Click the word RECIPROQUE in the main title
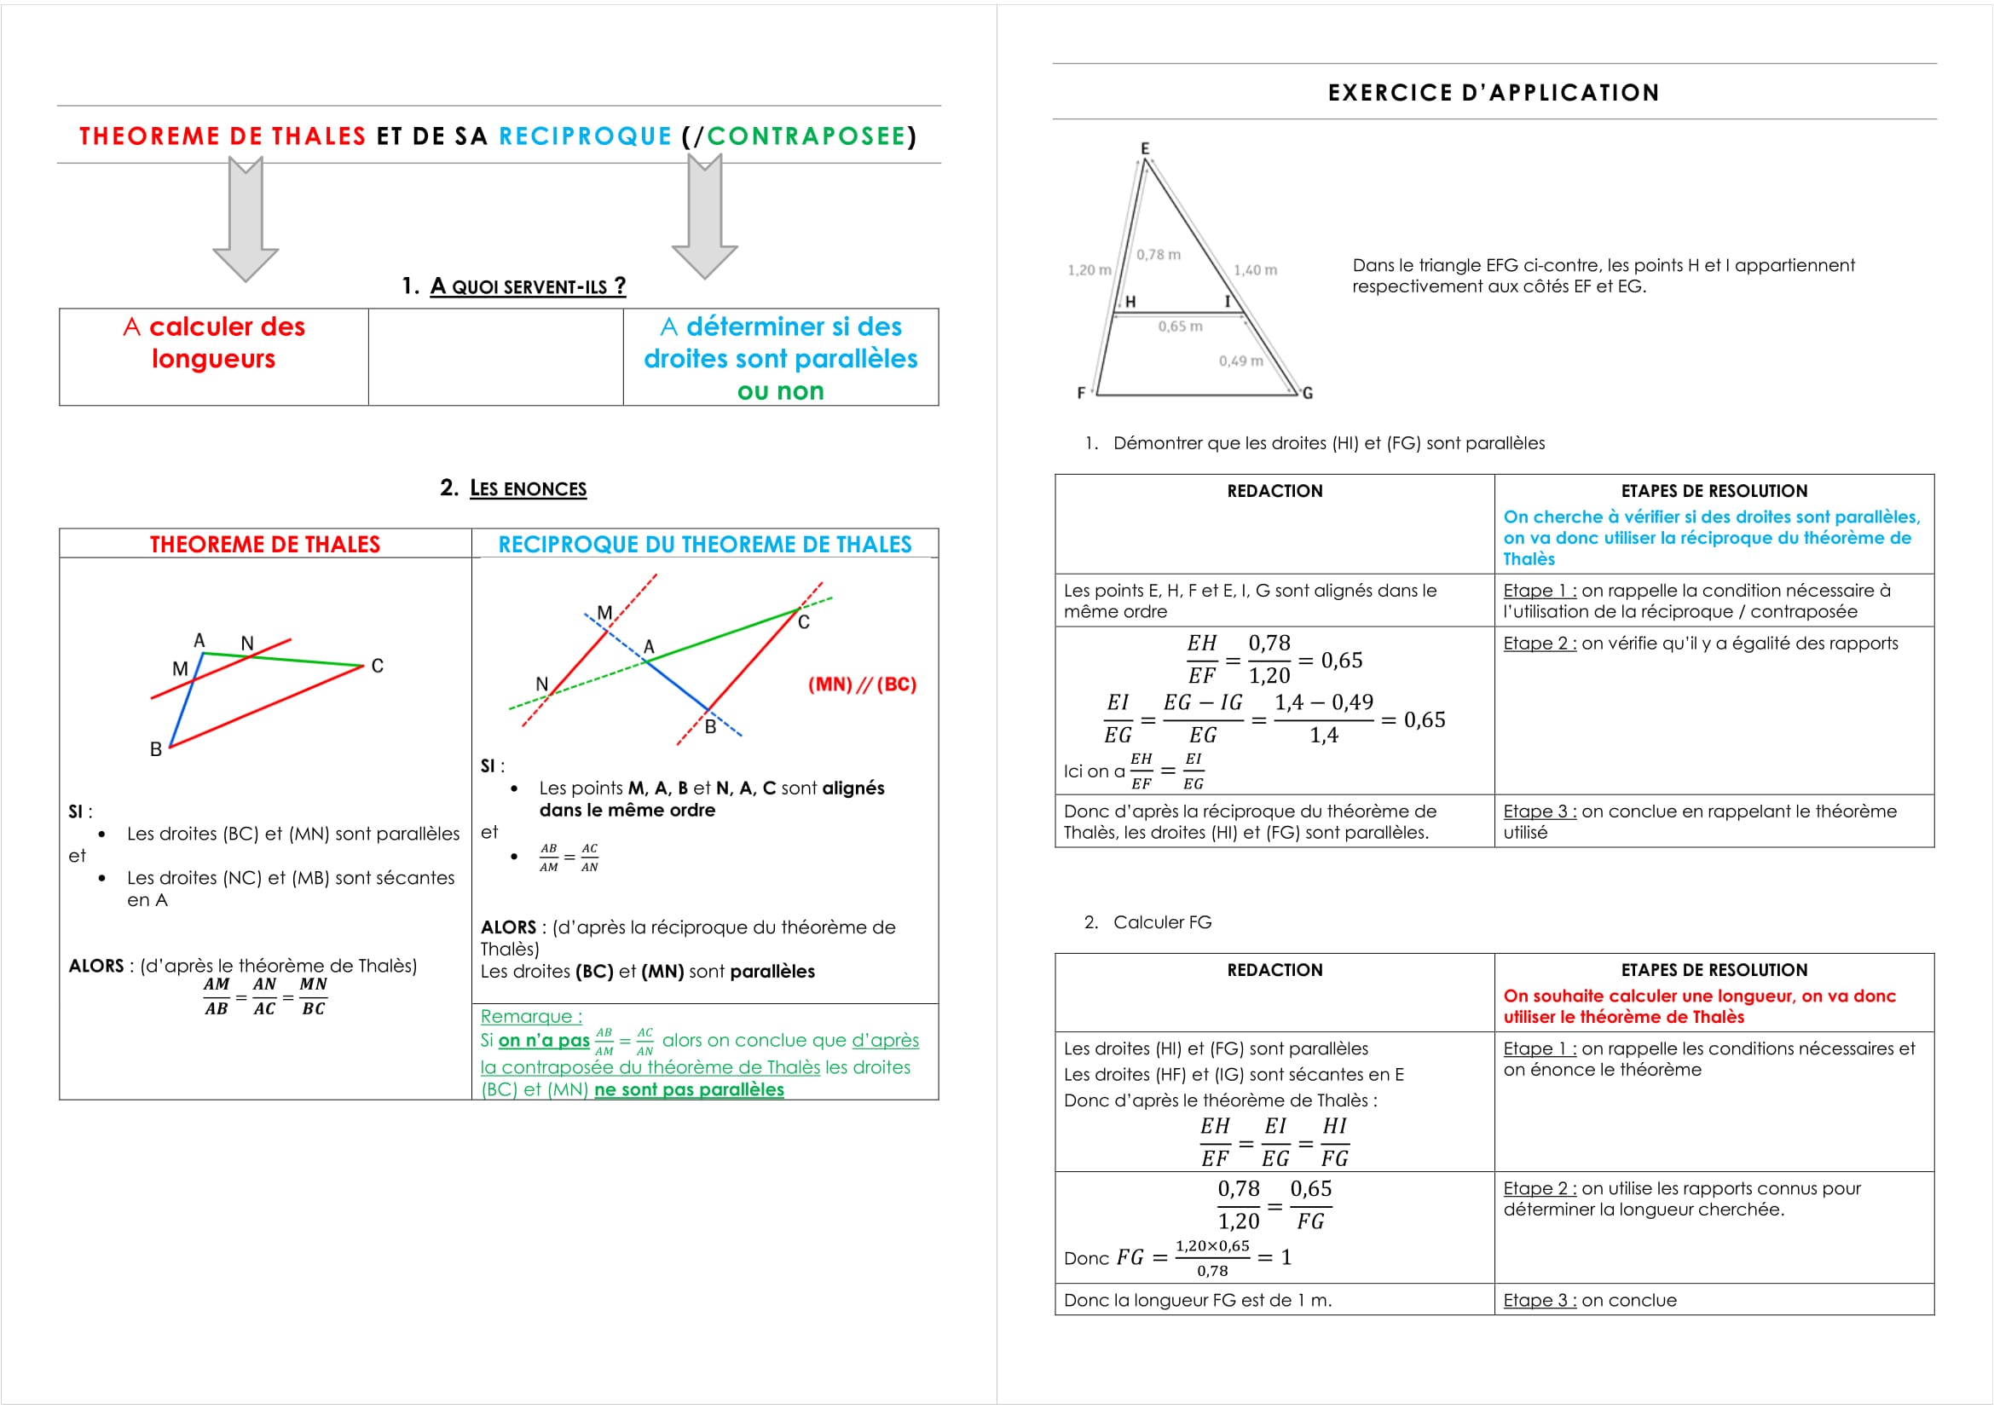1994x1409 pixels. coord(585,136)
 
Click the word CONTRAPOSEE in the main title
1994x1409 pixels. coord(806,136)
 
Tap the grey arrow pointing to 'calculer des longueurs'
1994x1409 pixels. coord(246,220)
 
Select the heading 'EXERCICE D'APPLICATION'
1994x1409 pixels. coord(1493,93)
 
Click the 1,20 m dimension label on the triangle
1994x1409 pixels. coord(1088,270)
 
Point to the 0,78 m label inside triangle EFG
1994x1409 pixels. coord(1159,254)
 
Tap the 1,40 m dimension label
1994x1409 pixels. coord(1255,270)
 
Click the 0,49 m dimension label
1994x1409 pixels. coord(1240,361)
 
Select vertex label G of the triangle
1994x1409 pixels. coord(1307,393)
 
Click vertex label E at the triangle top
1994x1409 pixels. coord(1145,148)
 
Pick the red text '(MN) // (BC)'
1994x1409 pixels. coord(862,684)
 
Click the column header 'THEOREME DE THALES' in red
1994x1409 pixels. coord(265,545)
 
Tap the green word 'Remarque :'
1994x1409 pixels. coord(530,1017)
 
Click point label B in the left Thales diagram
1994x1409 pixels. coord(155,749)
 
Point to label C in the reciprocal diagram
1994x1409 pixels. coord(803,622)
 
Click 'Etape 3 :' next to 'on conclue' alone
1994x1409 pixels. coord(1538,1301)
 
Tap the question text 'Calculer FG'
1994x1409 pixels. coord(1161,923)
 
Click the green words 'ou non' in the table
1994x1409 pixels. coord(780,391)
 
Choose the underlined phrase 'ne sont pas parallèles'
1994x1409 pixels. coord(689,1089)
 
